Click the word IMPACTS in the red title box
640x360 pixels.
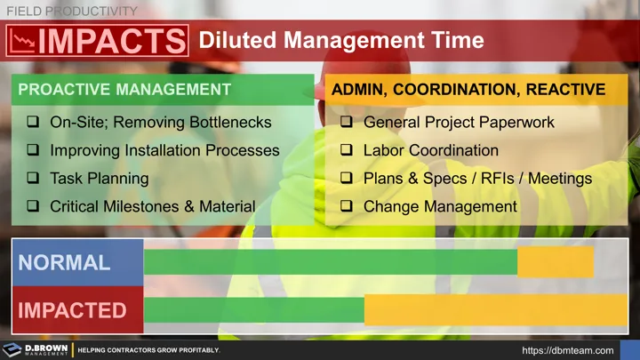112,42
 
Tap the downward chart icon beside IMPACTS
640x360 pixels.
23,41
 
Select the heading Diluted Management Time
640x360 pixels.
340,41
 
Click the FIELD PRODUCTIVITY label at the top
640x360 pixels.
72,11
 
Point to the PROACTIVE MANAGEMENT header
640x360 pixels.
124,90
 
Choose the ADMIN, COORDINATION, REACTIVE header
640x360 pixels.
468,90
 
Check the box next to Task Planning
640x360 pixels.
33,179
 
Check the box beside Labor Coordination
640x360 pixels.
347,150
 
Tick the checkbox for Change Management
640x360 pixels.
347,207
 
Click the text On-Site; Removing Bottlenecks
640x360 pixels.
161,122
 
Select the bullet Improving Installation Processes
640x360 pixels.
164,150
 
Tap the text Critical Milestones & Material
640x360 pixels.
152,207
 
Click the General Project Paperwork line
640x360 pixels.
459,122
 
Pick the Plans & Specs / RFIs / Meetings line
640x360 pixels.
477,179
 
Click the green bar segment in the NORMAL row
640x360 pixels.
331,262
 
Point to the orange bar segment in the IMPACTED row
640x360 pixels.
496,310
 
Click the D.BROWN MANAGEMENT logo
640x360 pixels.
36,349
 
